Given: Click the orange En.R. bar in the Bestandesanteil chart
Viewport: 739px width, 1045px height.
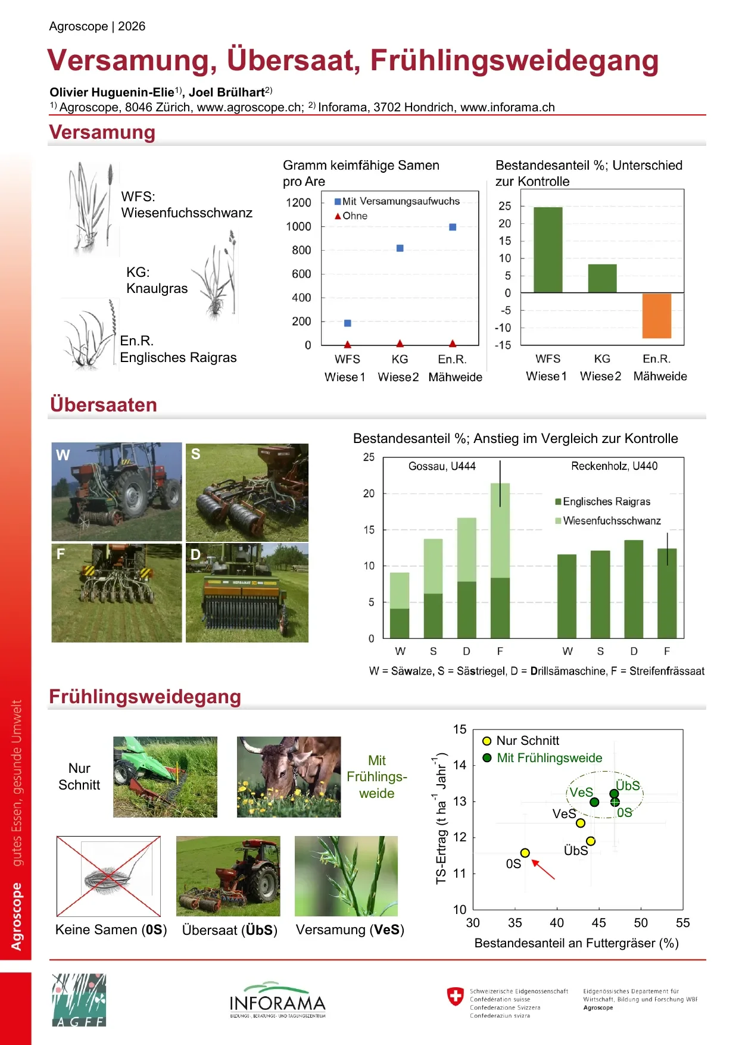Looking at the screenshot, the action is tap(656, 316).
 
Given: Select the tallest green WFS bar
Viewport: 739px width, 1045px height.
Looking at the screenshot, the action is tap(548, 250).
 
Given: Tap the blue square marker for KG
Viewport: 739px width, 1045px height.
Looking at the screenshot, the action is tap(400, 248).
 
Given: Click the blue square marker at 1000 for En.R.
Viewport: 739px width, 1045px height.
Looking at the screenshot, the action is tap(453, 227).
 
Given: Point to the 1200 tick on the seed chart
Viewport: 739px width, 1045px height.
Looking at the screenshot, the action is tap(298, 202).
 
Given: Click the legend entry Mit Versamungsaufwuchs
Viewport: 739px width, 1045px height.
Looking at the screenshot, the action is tap(397, 201).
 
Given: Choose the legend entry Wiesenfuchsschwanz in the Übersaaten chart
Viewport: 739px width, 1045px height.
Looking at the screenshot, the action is tap(608, 520).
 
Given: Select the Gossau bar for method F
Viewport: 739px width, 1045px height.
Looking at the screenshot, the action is tap(500, 560).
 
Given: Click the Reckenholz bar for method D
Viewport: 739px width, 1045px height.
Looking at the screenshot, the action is tap(634, 589).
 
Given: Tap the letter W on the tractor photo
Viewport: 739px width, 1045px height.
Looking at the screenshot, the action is tap(63, 455).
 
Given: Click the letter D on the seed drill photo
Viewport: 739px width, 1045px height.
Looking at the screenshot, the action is tap(195, 554).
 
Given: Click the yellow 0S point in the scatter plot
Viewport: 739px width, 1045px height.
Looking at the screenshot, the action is tap(525, 853).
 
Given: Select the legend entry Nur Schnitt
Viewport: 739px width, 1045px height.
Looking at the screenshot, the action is tap(520, 741).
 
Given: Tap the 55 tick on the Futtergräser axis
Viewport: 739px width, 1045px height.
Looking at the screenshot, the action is tap(682, 923).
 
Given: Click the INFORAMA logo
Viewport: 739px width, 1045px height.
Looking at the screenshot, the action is tap(277, 1000).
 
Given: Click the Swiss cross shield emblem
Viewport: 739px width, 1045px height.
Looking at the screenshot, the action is tap(455, 996).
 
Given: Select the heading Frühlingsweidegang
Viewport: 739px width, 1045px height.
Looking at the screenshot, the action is tap(145, 696).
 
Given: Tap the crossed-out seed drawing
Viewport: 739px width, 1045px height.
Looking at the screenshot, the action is tap(108, 876).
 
